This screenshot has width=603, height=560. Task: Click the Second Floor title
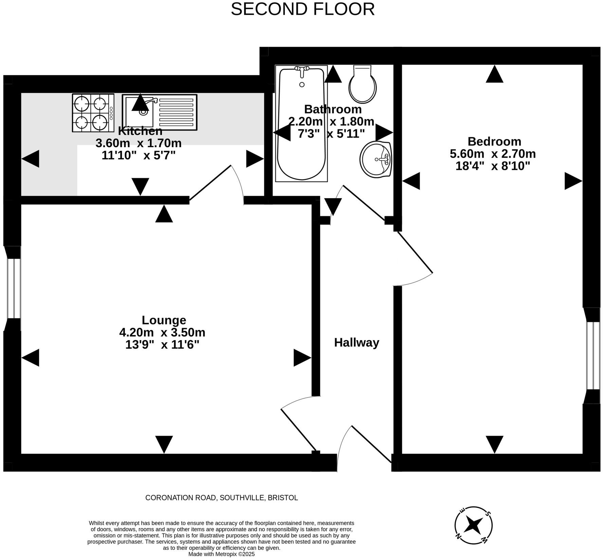tap(303, 9)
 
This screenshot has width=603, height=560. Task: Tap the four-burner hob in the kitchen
tap(93, 113)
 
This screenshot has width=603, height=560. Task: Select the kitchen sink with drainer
tap(160, 112)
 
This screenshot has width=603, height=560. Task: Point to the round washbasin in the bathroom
tap(376, 159)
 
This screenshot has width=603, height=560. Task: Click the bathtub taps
tap(301, 69)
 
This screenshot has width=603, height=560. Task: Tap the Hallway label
tap(357, 343)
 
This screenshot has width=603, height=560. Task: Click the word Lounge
tap(164, 320)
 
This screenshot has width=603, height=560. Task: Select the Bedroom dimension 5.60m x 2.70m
tap(493, 154)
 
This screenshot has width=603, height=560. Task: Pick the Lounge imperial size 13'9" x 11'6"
tap(162, 345)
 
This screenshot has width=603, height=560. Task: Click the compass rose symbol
tap(473, 525)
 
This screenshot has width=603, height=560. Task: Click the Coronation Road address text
tap(221, 498)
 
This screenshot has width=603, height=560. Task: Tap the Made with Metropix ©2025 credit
tap(221, 554)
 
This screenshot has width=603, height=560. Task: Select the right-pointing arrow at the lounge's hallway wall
tap(302, 357)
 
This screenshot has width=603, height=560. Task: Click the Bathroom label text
tap(333, 109)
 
